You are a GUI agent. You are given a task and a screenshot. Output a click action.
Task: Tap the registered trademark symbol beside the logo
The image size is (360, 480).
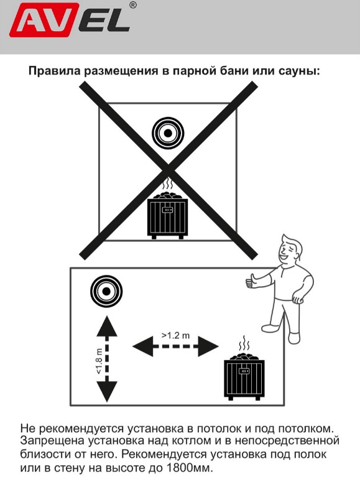point(133,6)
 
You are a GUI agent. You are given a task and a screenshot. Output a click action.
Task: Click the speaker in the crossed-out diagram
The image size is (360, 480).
point(168,132)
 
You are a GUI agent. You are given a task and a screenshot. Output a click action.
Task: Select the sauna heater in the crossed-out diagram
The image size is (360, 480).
point(167,215)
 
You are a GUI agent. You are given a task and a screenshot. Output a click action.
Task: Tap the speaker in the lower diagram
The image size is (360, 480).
point(106,291)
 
